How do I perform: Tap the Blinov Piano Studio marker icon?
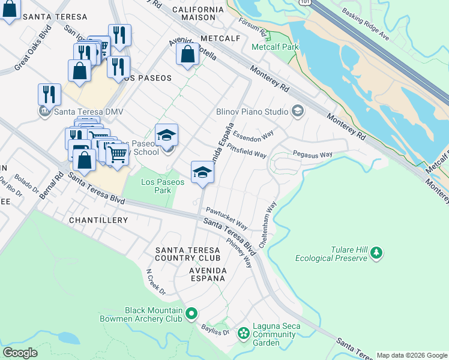pyautogui.click(x=297, y=111)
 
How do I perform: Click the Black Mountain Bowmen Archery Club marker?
pyautogui.click(x=191, y=313)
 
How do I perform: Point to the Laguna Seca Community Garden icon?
pyautogui.click(x=244, y=332)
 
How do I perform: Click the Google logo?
pyautogui.click(x=20, y=353)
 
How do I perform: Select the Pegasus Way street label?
pyautogui.click(x=312, y=155)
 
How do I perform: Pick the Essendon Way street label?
pyautogui.click(x=253, y=133)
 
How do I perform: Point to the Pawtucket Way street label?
pyautogui.click(x=226, y=218)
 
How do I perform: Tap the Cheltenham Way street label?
pyautogui.click(x=268, y=225)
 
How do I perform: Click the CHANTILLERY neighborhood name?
pyautogui.click(x=98, y=220)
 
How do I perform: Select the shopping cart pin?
pyautogui.click(x=118, y=154)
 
